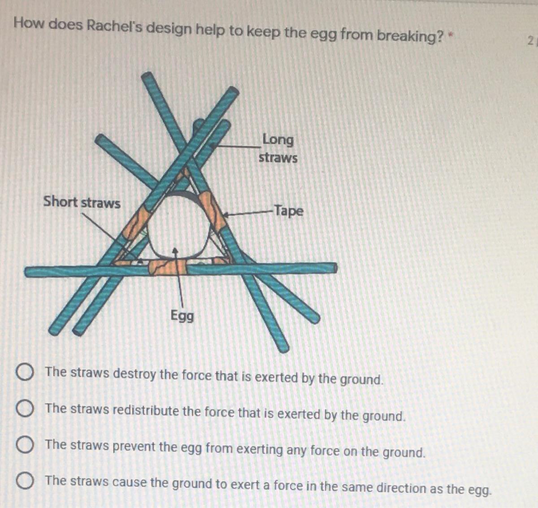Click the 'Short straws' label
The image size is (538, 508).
[82, 202]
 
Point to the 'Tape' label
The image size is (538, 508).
[289, 211]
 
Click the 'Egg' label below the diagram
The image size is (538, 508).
[182, 316]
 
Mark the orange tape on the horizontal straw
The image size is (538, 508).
[167, 267]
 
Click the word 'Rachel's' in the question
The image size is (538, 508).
[114, 26]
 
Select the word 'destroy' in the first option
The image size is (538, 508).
[134, 374]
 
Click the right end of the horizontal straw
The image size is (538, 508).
[335, 268]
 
